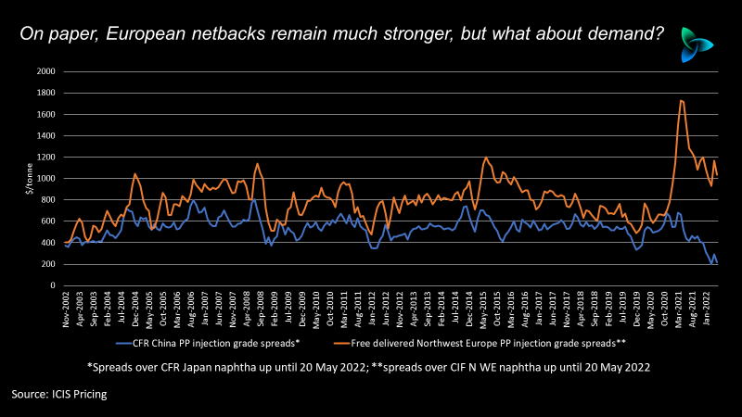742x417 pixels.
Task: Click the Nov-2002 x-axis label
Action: click(x=67, y=305)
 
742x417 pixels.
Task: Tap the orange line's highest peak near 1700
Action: click(x=682, y=100)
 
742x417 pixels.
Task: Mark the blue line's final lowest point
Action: click(x=712, y=264)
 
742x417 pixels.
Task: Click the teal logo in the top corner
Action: click(x=697, y=44)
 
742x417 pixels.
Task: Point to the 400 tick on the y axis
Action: click(x=50, y=243)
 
